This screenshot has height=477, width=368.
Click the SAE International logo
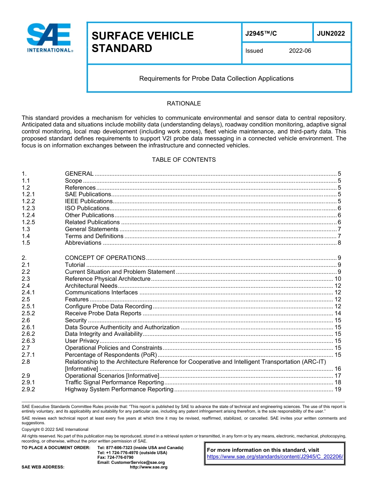tap(50, 38)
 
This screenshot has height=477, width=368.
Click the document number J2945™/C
tap(261, 33)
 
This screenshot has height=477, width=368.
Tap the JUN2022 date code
tap(331, 33)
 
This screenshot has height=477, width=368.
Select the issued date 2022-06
tap(300, 51)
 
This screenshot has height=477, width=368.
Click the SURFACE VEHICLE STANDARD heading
tap(142, 42)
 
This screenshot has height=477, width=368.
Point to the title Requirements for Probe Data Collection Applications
tap(216, 78)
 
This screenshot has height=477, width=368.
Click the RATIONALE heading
tap(184, 104)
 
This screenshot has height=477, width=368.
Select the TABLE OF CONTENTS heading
tap(184, 160)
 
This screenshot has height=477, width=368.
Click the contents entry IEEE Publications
tap(89, 201)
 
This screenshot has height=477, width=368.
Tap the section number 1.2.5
tap(28, 222)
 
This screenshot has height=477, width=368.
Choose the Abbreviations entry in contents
tap(83, 243)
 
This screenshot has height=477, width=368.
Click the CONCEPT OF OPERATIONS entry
tap(105, 258)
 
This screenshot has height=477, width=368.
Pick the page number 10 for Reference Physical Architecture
tap(337, 279)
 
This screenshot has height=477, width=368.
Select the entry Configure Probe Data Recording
tap(108, 306)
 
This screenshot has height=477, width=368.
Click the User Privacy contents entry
tap(82, 341)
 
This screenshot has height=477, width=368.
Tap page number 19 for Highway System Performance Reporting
tap(337, 389)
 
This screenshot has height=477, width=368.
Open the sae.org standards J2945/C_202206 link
tap(275, 457)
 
